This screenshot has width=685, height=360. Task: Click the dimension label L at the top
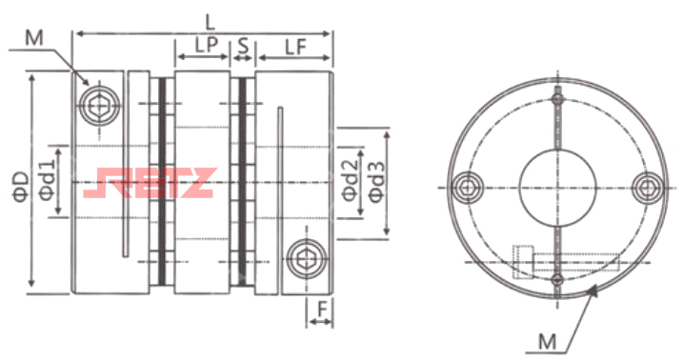(211, 22)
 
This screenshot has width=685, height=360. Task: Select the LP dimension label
(206, 46)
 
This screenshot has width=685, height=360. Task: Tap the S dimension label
(243, 46)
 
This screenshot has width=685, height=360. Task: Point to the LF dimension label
(295, 47)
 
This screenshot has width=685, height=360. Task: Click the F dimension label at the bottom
(322, 310)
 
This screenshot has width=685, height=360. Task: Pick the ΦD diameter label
(20, 187)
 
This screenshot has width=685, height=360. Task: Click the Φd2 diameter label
(350, 180)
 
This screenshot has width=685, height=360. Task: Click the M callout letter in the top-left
(34, 38)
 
